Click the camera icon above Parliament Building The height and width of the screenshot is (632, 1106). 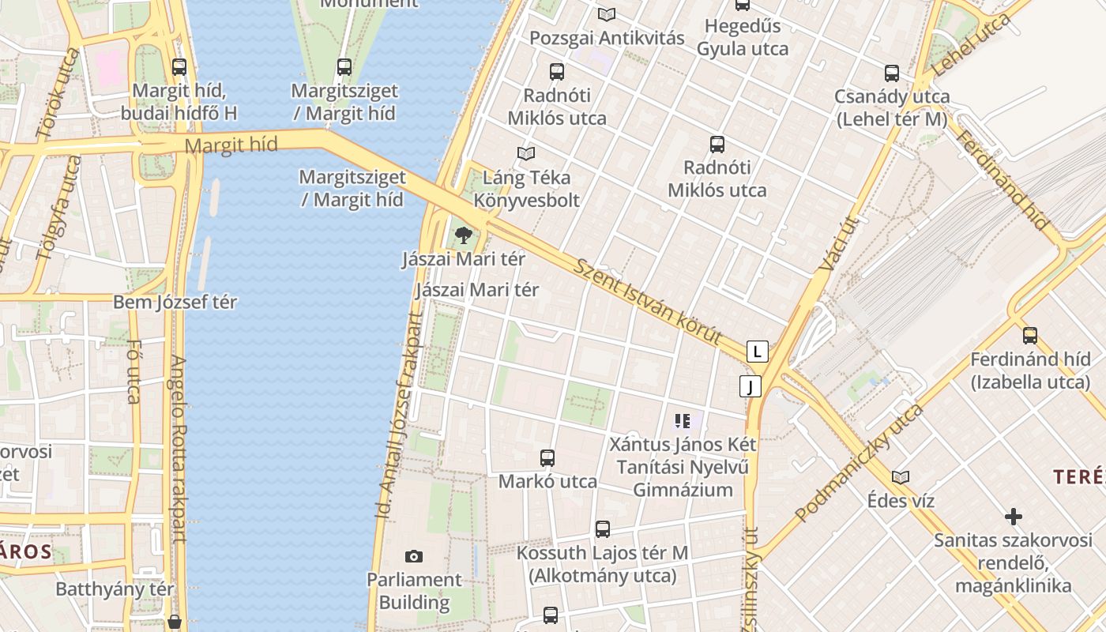click(413, 557)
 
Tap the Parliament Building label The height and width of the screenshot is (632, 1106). click(414, 591)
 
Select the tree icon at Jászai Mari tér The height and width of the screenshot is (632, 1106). click(464, 234)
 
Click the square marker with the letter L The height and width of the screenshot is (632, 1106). click(758, 352)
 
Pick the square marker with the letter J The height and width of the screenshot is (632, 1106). click(750, 386)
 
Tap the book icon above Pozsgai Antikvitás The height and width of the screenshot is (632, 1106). click(607, 14)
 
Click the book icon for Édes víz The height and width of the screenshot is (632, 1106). click(900, 477)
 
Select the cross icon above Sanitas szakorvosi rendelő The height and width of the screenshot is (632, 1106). click(1014, 517)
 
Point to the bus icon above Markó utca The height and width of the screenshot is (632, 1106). click(547, 457)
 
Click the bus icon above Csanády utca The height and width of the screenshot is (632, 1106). click(892, 73)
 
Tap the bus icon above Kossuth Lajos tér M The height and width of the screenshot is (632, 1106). click(603, 529)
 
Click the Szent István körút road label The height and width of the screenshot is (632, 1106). click(648, 302)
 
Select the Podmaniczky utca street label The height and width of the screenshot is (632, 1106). click(859, 464)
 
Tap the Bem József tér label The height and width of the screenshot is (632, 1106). click(175, 302)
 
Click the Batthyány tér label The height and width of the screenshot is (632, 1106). click(115, 589)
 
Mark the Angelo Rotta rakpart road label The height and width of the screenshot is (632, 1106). click(178, 449)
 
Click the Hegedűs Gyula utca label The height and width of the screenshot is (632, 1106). click(743, 37)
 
